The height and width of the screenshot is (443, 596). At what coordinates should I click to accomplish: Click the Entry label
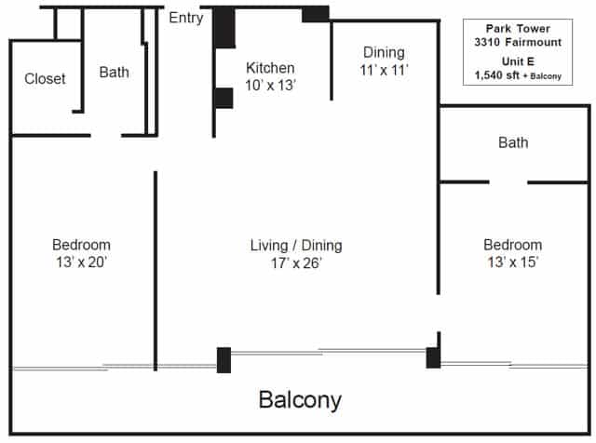pos(186,18)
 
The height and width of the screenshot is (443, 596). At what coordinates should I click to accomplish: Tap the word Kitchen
pos(270,68)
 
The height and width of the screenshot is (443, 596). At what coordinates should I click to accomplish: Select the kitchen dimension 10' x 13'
pos(270,85)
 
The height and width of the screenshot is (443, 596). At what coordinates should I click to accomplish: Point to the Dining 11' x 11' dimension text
pos(384,70)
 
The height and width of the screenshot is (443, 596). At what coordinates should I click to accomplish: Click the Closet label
pos(45,79)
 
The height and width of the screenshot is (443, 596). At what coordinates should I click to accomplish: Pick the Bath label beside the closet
pos(114,73)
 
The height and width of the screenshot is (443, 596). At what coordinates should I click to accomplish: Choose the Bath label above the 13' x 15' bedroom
pos(513,142)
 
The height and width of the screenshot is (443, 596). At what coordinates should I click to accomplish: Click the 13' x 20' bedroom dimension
pos(81,262)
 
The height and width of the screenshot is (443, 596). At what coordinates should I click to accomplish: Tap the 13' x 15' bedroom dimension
pos(513,262)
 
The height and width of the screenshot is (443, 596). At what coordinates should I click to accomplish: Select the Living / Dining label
pos(296,246)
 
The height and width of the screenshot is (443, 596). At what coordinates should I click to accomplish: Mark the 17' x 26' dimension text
pos(296,262)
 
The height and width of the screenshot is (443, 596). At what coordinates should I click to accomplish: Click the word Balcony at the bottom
pos(300,400)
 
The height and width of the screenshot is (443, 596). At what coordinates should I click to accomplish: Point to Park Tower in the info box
pos(518,29)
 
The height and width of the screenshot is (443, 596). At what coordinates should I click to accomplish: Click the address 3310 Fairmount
pos(518,42)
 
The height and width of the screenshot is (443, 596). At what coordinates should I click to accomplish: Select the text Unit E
pos(518,61)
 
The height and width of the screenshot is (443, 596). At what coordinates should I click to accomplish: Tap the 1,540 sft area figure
pos(496,75)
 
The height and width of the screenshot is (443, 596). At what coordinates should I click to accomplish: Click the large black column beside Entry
pos(223,27)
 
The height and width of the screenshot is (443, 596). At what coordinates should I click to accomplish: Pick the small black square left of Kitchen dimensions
pos(223,98)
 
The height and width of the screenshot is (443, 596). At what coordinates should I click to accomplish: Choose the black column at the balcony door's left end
pos(223,360)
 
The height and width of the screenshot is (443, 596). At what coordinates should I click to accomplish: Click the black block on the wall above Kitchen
pos(316,14)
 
